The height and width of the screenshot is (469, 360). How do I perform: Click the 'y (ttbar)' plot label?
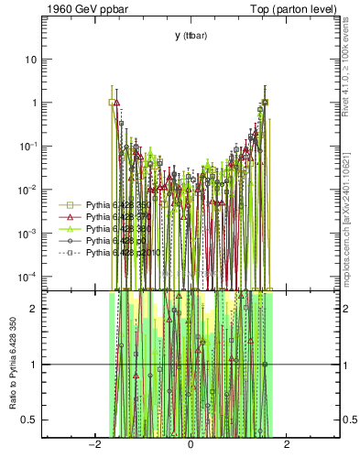(191, 35)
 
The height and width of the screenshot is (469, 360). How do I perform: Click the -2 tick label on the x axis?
(94, 446)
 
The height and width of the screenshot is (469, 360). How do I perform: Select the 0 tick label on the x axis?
(191, 446)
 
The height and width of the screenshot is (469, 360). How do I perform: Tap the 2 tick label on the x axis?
(287, 446)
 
